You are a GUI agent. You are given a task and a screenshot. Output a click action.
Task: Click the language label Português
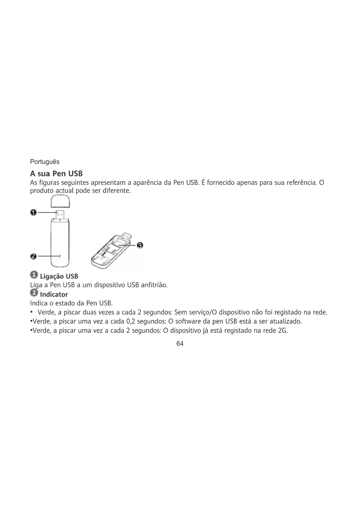point(45,162)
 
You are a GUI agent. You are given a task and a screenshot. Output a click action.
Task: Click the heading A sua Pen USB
point(56,174)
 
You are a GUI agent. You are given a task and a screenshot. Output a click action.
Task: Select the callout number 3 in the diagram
point(140,246)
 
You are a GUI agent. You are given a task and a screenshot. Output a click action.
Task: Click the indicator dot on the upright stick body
point(60,256)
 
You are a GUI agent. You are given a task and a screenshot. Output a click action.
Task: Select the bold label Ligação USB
point(59,276)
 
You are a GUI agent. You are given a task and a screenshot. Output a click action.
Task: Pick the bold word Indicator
point(54,295)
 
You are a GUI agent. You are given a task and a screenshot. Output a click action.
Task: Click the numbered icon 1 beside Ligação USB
point(34,275)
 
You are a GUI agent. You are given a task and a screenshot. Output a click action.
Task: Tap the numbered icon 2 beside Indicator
point(34,293)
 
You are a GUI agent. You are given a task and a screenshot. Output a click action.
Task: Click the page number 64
point(180,344)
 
